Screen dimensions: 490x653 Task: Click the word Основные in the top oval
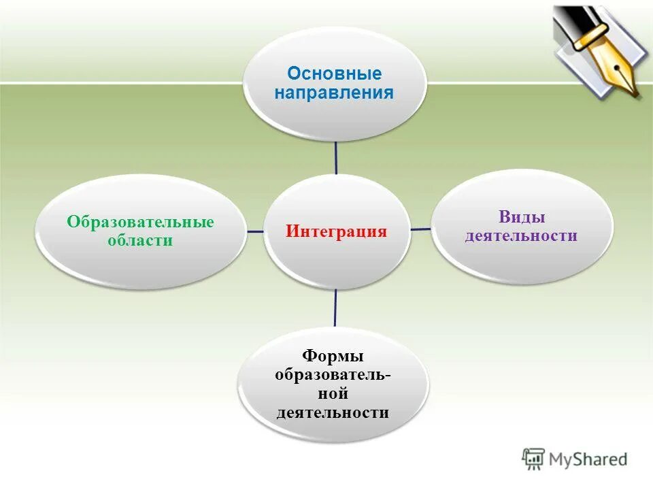[x=334, y=73]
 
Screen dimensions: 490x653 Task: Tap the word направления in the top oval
[x=334, y=93]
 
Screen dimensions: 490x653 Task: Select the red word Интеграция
[x=336, y=231]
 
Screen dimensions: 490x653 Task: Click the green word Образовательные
[x=140, y=223]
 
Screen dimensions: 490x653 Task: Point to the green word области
[x=139, y=241]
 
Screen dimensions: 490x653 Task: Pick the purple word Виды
[x=521, y=218]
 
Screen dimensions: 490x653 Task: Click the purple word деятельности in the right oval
[x=521, y=236]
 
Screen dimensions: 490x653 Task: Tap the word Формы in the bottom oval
[x=333, y=357]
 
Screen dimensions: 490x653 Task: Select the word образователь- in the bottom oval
[x=331, y=375]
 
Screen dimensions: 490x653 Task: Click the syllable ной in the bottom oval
[x=333, y=393]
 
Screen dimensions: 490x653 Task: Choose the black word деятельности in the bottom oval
[x=333, y=412]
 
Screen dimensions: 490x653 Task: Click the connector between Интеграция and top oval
[x=336, y=157]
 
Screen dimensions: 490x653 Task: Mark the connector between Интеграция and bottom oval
[x=335, y=308]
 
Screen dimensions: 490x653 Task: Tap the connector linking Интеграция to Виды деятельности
[x=421, y=229]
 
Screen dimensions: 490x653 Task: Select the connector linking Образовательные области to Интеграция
[x=255, y=231]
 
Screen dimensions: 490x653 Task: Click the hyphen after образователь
[x=388, y=376]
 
